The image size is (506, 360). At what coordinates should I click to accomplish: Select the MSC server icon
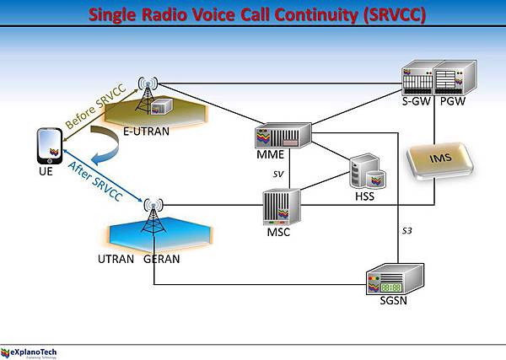pyautogui.click(x=277, y=207)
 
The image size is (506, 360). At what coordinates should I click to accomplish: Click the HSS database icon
pyautogui.click(x=367, y=171)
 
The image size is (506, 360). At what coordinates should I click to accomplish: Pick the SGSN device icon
pyautogui.click(x=391, y=279)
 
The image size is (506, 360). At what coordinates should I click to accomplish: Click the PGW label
pyautogui.click(x=453, y=103)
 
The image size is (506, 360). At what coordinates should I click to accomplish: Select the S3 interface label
pyautogui.click(x=405, y=230)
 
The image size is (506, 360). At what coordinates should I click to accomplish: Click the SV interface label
pyautogui.click(x=279, y=174)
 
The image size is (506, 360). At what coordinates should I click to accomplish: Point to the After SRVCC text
pyautogui.click(x=94, y=180)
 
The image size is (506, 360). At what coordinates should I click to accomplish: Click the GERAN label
pyautogui.click(x=161, y=259)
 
